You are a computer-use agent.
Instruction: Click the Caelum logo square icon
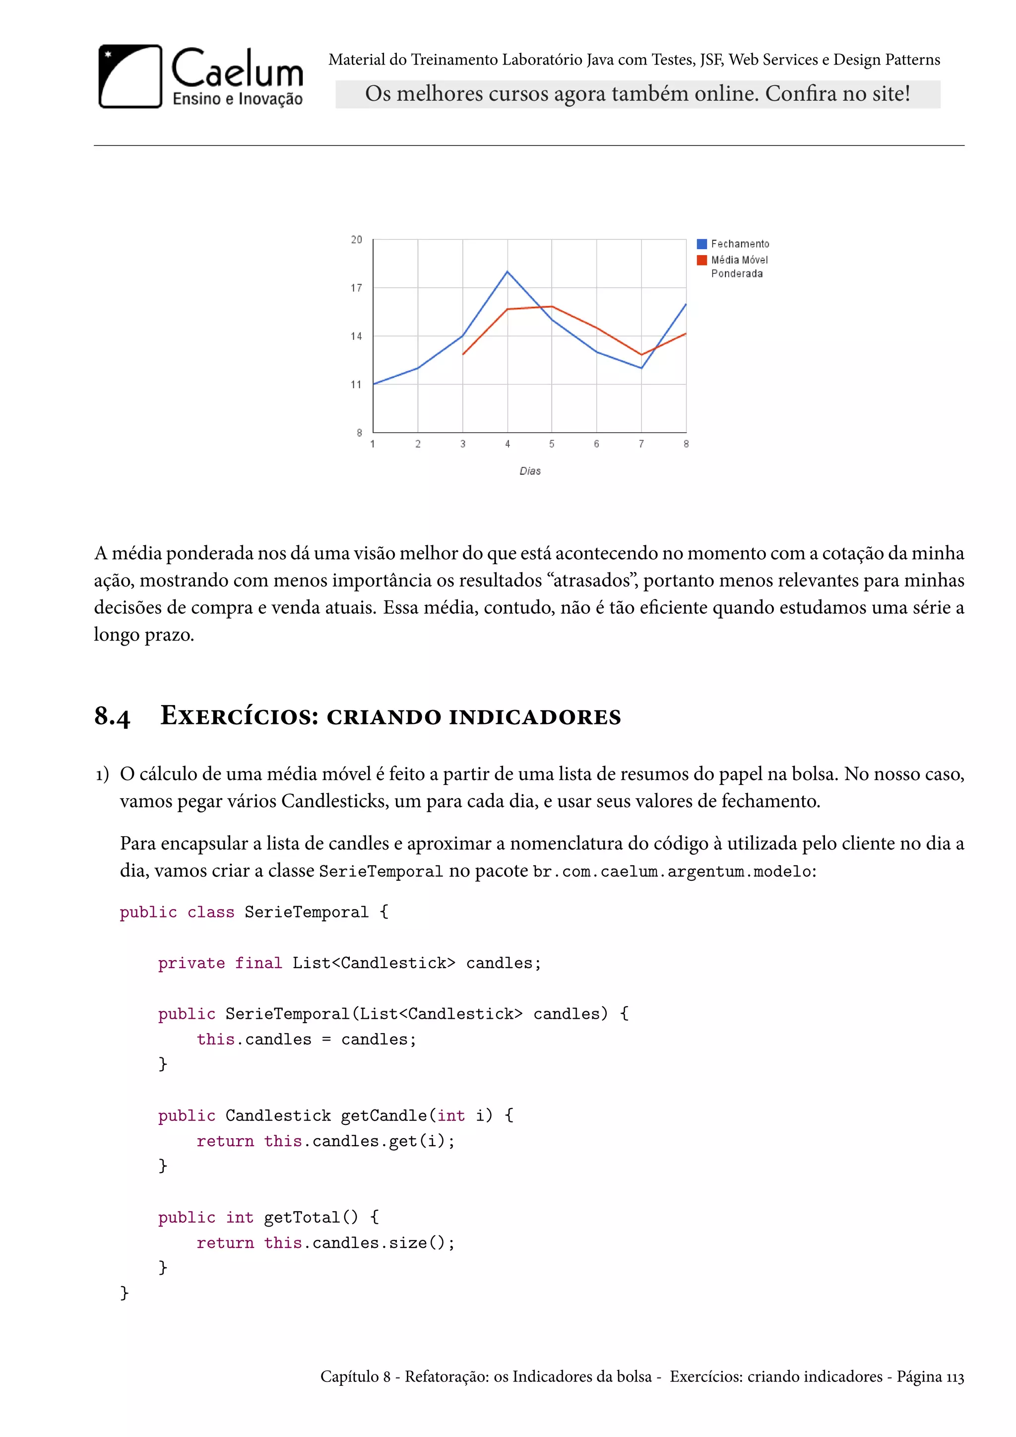coord(130,76)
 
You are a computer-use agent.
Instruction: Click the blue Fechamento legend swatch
coord(702,244)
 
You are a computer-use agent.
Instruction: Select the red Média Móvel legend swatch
coord(702,260)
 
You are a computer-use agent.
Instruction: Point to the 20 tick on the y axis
coord(357,240)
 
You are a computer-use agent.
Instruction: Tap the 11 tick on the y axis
coord(357,384)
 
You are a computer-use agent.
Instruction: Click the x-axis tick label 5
coord(552,444)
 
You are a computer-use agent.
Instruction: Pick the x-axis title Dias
coord(530,471)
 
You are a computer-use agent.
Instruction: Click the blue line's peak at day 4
coord(508,271)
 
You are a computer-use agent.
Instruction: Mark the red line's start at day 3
coord(463,354)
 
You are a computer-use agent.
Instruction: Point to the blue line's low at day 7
coord(641,368)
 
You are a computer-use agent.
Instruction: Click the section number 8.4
coord(112,716)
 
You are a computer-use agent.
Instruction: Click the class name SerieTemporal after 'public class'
coord(306,912)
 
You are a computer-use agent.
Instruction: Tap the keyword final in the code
coord(258,963)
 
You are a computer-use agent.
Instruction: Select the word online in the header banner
coord(728,94)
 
